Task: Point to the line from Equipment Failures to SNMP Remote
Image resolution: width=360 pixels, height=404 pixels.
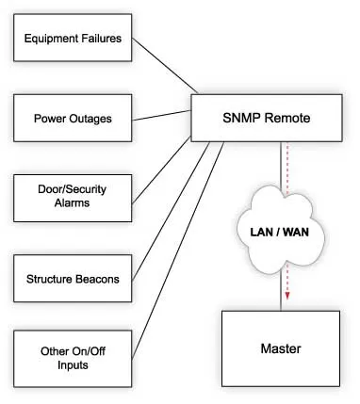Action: tap(165, 67)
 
